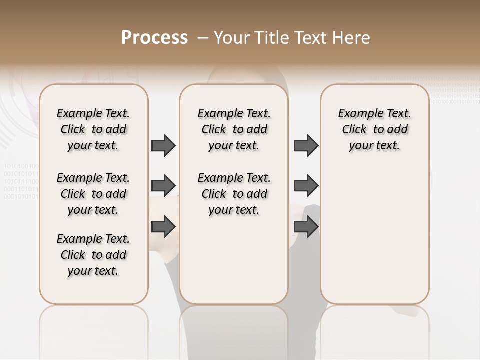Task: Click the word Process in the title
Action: point(154,38)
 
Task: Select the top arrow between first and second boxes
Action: point(163,146)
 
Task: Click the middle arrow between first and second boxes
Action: point(163,186)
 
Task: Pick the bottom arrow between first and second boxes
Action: point(163,226)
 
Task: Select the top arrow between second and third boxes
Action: point(306,146)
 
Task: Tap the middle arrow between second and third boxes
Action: point(306,186)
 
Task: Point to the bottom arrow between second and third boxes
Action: point(306,226)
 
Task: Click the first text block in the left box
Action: point(93,129)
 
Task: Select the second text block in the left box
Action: point(93,194)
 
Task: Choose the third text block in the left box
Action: point(93,255)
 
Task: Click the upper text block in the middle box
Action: point(234,129)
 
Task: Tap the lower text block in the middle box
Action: point(234,194)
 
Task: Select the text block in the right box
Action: point(375,129)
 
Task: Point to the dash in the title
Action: point(202,38)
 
